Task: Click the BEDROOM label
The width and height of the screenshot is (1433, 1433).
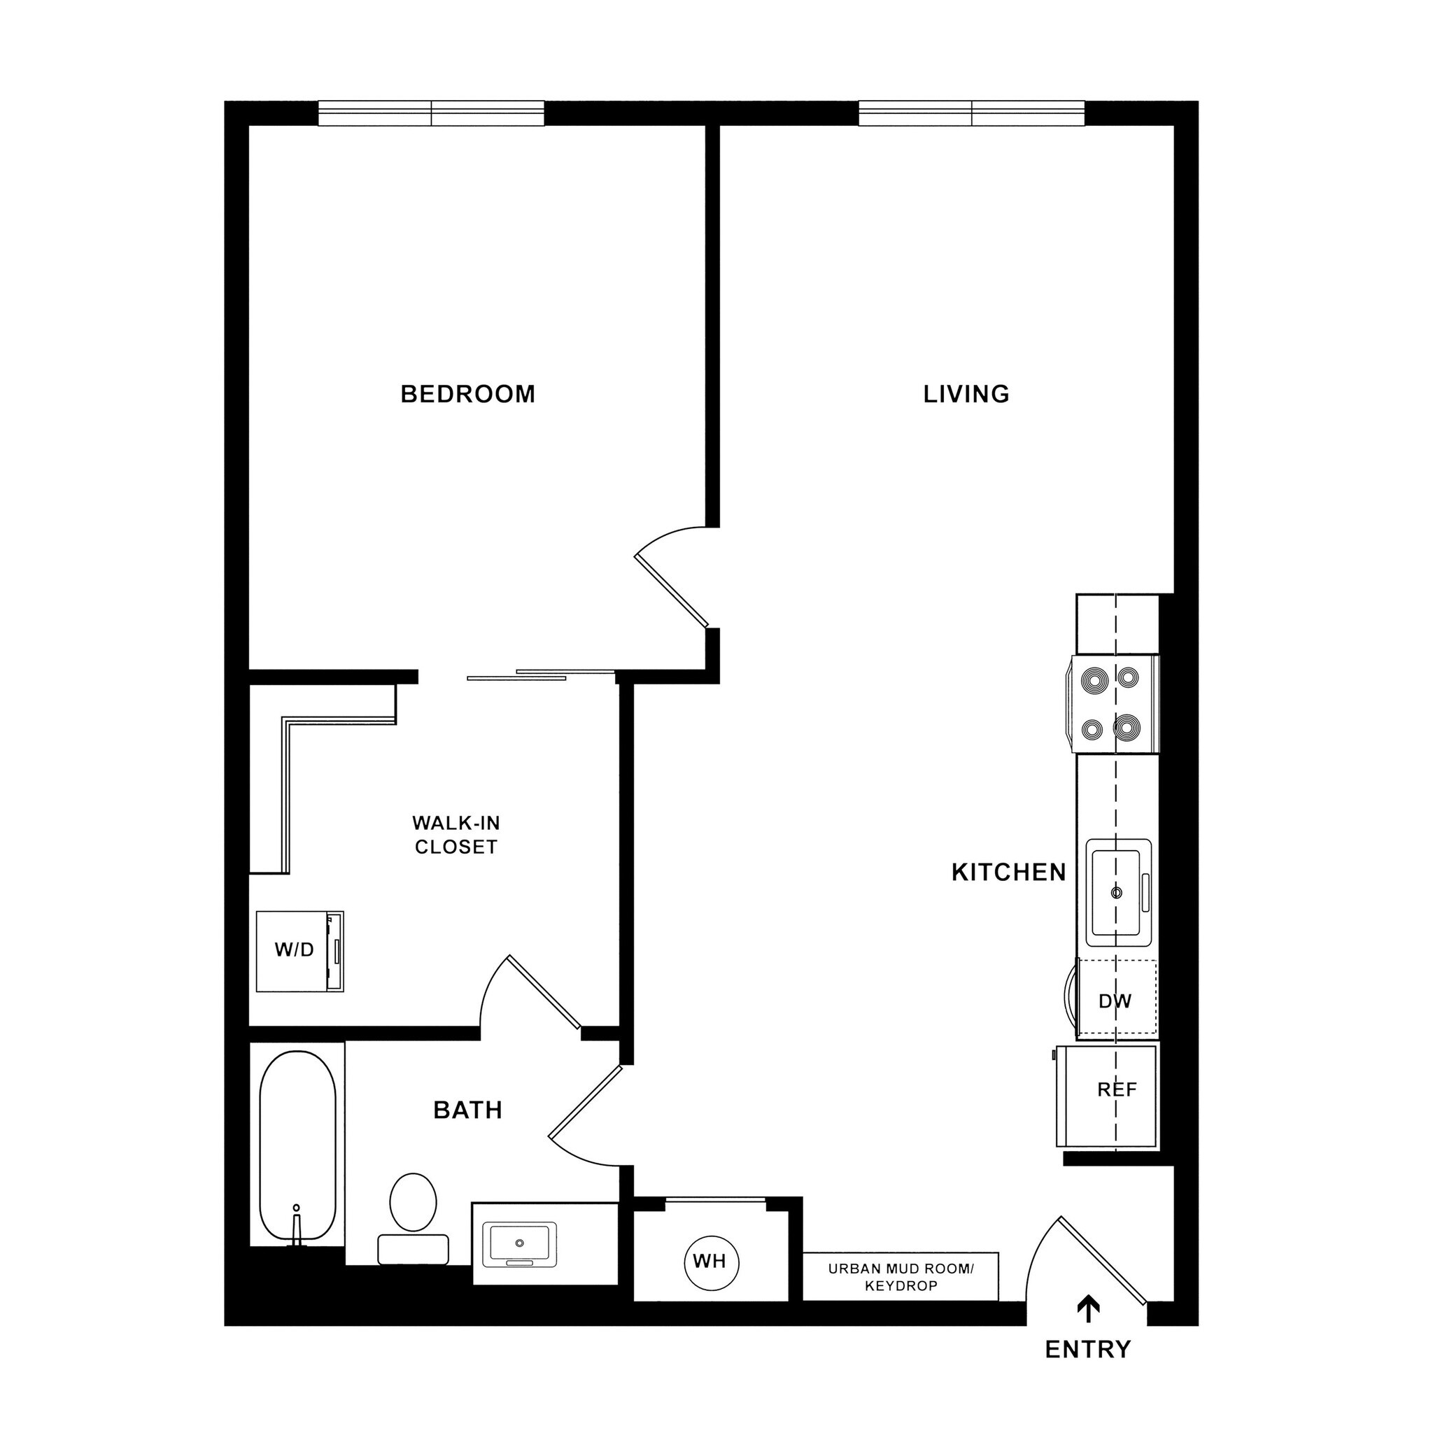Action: click(x=467, y=394)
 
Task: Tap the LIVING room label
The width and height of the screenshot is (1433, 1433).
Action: click(x=966, y=394)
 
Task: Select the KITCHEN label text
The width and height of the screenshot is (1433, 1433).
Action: click(x=1008, y=873)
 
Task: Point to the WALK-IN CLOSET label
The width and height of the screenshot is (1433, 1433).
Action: click(x=456, y=835)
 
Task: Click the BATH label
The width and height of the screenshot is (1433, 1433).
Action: click(x=467, y=1110)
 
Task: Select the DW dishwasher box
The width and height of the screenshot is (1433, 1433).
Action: click(x=1115, y=1001)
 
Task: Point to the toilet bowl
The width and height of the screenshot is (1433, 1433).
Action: click(x=412, y=1201)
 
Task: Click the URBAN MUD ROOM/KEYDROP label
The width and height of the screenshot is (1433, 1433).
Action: click(x=901, y=1277)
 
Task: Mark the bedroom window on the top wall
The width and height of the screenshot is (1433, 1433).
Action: click(x=431, y=113)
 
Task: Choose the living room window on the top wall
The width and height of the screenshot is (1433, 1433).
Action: click(x=971, y=113)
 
